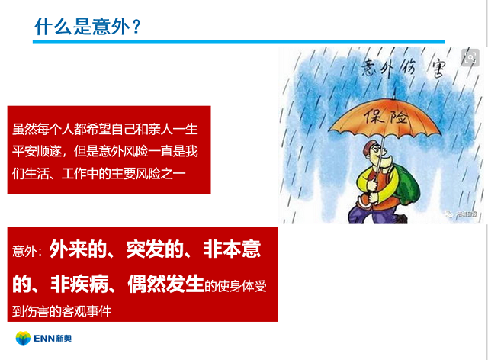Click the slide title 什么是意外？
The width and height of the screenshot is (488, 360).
click(88, 26)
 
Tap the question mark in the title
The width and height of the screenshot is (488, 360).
click(136, 27)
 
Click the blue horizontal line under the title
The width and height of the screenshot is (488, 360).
click(239, 42)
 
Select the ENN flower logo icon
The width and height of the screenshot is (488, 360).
click(23, 338)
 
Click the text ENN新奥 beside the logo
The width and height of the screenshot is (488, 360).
click(53, 338)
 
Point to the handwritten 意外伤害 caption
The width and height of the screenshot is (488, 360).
click(403, 68)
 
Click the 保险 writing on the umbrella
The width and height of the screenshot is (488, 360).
click(387, 117)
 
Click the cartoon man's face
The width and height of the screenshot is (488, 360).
click(377, 153)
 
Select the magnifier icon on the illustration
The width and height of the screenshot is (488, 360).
click(470, 57)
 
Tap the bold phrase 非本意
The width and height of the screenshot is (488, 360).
click(232, 249)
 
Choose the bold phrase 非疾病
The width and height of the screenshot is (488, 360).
click(79, 284)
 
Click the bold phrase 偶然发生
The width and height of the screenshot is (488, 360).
click(166, 284)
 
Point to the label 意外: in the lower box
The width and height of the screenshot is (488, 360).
click(27, 252)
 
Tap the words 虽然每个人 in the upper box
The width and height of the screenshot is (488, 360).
click(43, 129)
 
